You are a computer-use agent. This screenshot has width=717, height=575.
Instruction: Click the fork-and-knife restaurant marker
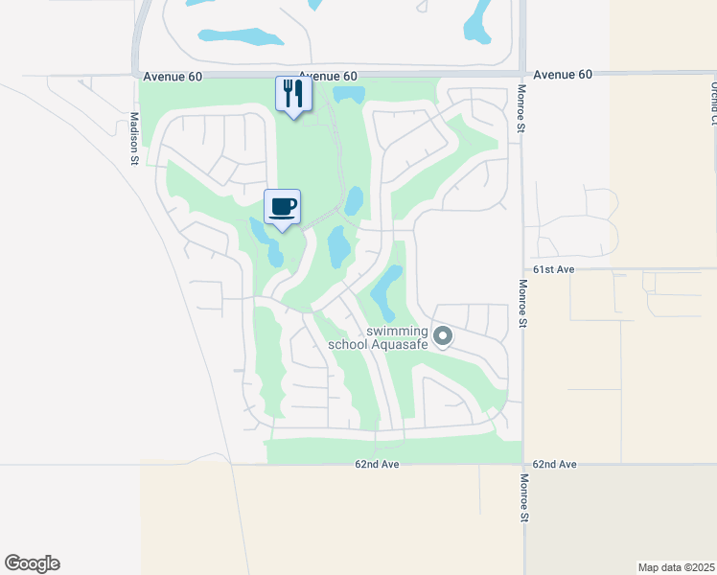[x=293, y=94]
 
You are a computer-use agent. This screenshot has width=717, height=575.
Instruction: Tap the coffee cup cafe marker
[x=282, y=207]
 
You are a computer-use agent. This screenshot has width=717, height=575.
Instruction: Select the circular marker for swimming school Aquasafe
[x=442, y=335]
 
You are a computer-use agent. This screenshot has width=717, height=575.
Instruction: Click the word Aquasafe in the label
[x=397, y=344]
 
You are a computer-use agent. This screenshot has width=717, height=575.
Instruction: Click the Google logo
[x=32, y=563]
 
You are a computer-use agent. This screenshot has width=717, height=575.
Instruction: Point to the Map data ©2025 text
[x=676, y=565]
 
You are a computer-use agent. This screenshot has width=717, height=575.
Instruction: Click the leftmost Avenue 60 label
[x=173, y=76]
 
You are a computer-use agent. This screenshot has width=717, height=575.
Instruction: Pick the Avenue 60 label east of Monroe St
[x=563, y=74]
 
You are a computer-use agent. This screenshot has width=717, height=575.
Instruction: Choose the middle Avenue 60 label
[x=328, y=76]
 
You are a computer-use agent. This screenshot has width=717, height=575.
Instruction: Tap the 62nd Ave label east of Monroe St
[x=554, y=464]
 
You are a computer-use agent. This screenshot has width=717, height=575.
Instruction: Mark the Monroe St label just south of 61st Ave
[x=523, y=303]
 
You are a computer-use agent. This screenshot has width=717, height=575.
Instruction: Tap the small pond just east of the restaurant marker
[x=349, y=94]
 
